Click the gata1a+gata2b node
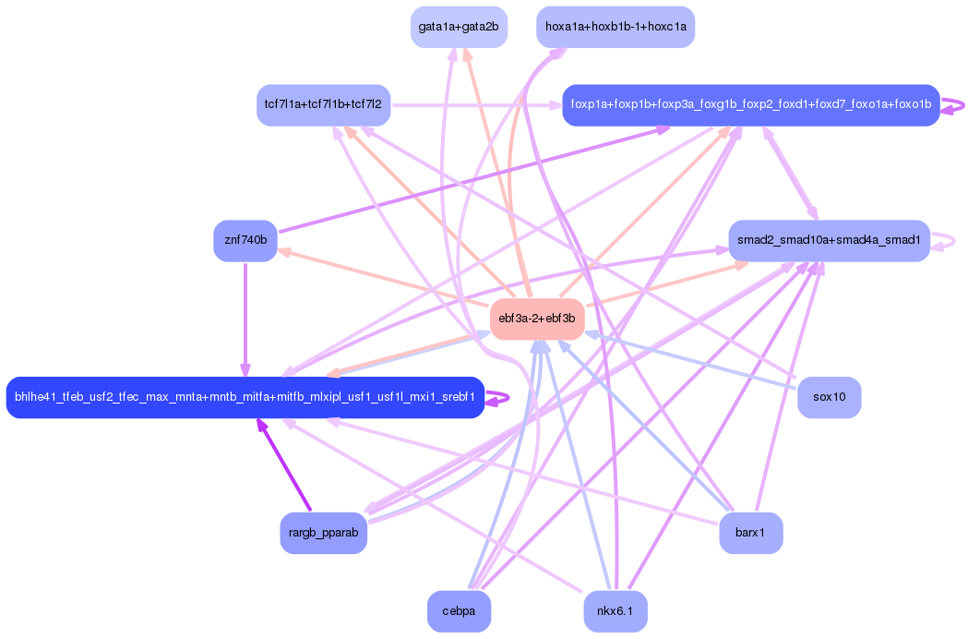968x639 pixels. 459,27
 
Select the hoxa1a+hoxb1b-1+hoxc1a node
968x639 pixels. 615,27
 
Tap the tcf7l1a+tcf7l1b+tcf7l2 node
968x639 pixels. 324,104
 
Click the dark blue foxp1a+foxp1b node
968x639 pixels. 750,104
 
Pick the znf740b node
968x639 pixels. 245,241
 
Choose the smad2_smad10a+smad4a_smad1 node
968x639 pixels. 829,241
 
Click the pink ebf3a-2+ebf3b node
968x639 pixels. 536,319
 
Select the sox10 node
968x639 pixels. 829,397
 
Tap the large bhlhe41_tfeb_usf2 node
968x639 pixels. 245,397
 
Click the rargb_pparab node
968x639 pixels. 323,533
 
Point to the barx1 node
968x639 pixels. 750,533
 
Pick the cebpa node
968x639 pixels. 459,611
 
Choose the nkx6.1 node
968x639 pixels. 615,611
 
